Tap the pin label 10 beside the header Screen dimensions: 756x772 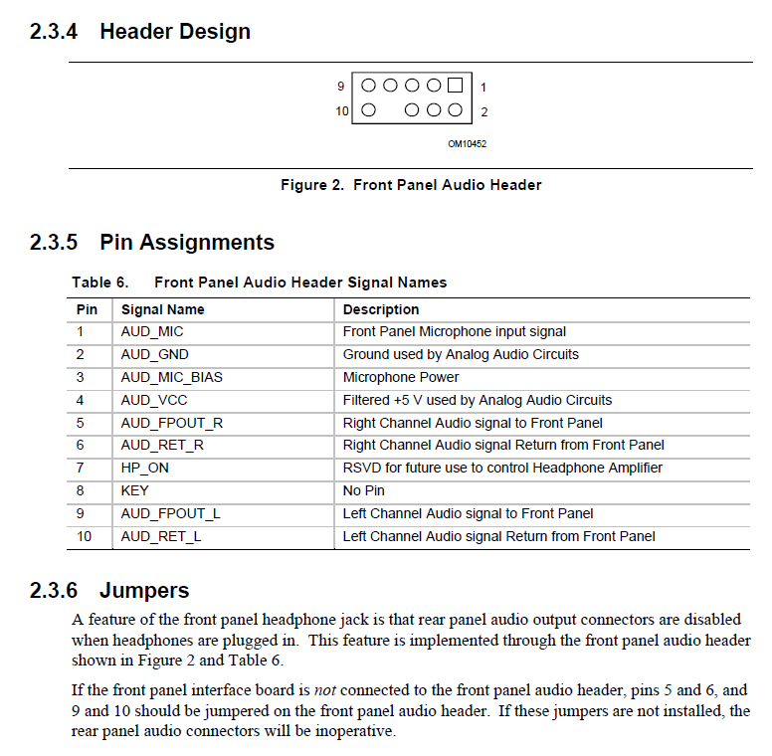342,111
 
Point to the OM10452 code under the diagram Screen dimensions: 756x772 467,144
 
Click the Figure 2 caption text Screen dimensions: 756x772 411,185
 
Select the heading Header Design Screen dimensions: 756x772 174,32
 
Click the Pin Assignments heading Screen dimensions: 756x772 186,243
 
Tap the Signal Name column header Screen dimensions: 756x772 162,309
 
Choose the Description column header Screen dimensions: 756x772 381,309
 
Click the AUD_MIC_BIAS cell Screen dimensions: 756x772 171,377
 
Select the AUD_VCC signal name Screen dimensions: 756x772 154,400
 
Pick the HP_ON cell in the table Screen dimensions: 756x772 145,468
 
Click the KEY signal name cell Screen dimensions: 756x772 135,490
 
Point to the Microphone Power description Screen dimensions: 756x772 401,377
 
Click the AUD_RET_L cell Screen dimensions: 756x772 161,536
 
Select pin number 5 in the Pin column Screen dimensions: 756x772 80,423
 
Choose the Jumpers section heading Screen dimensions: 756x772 144,591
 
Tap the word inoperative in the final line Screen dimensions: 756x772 355,732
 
